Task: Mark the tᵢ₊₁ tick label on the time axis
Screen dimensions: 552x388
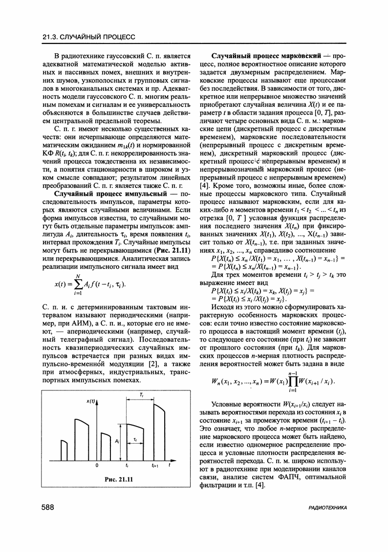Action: point(155,466)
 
